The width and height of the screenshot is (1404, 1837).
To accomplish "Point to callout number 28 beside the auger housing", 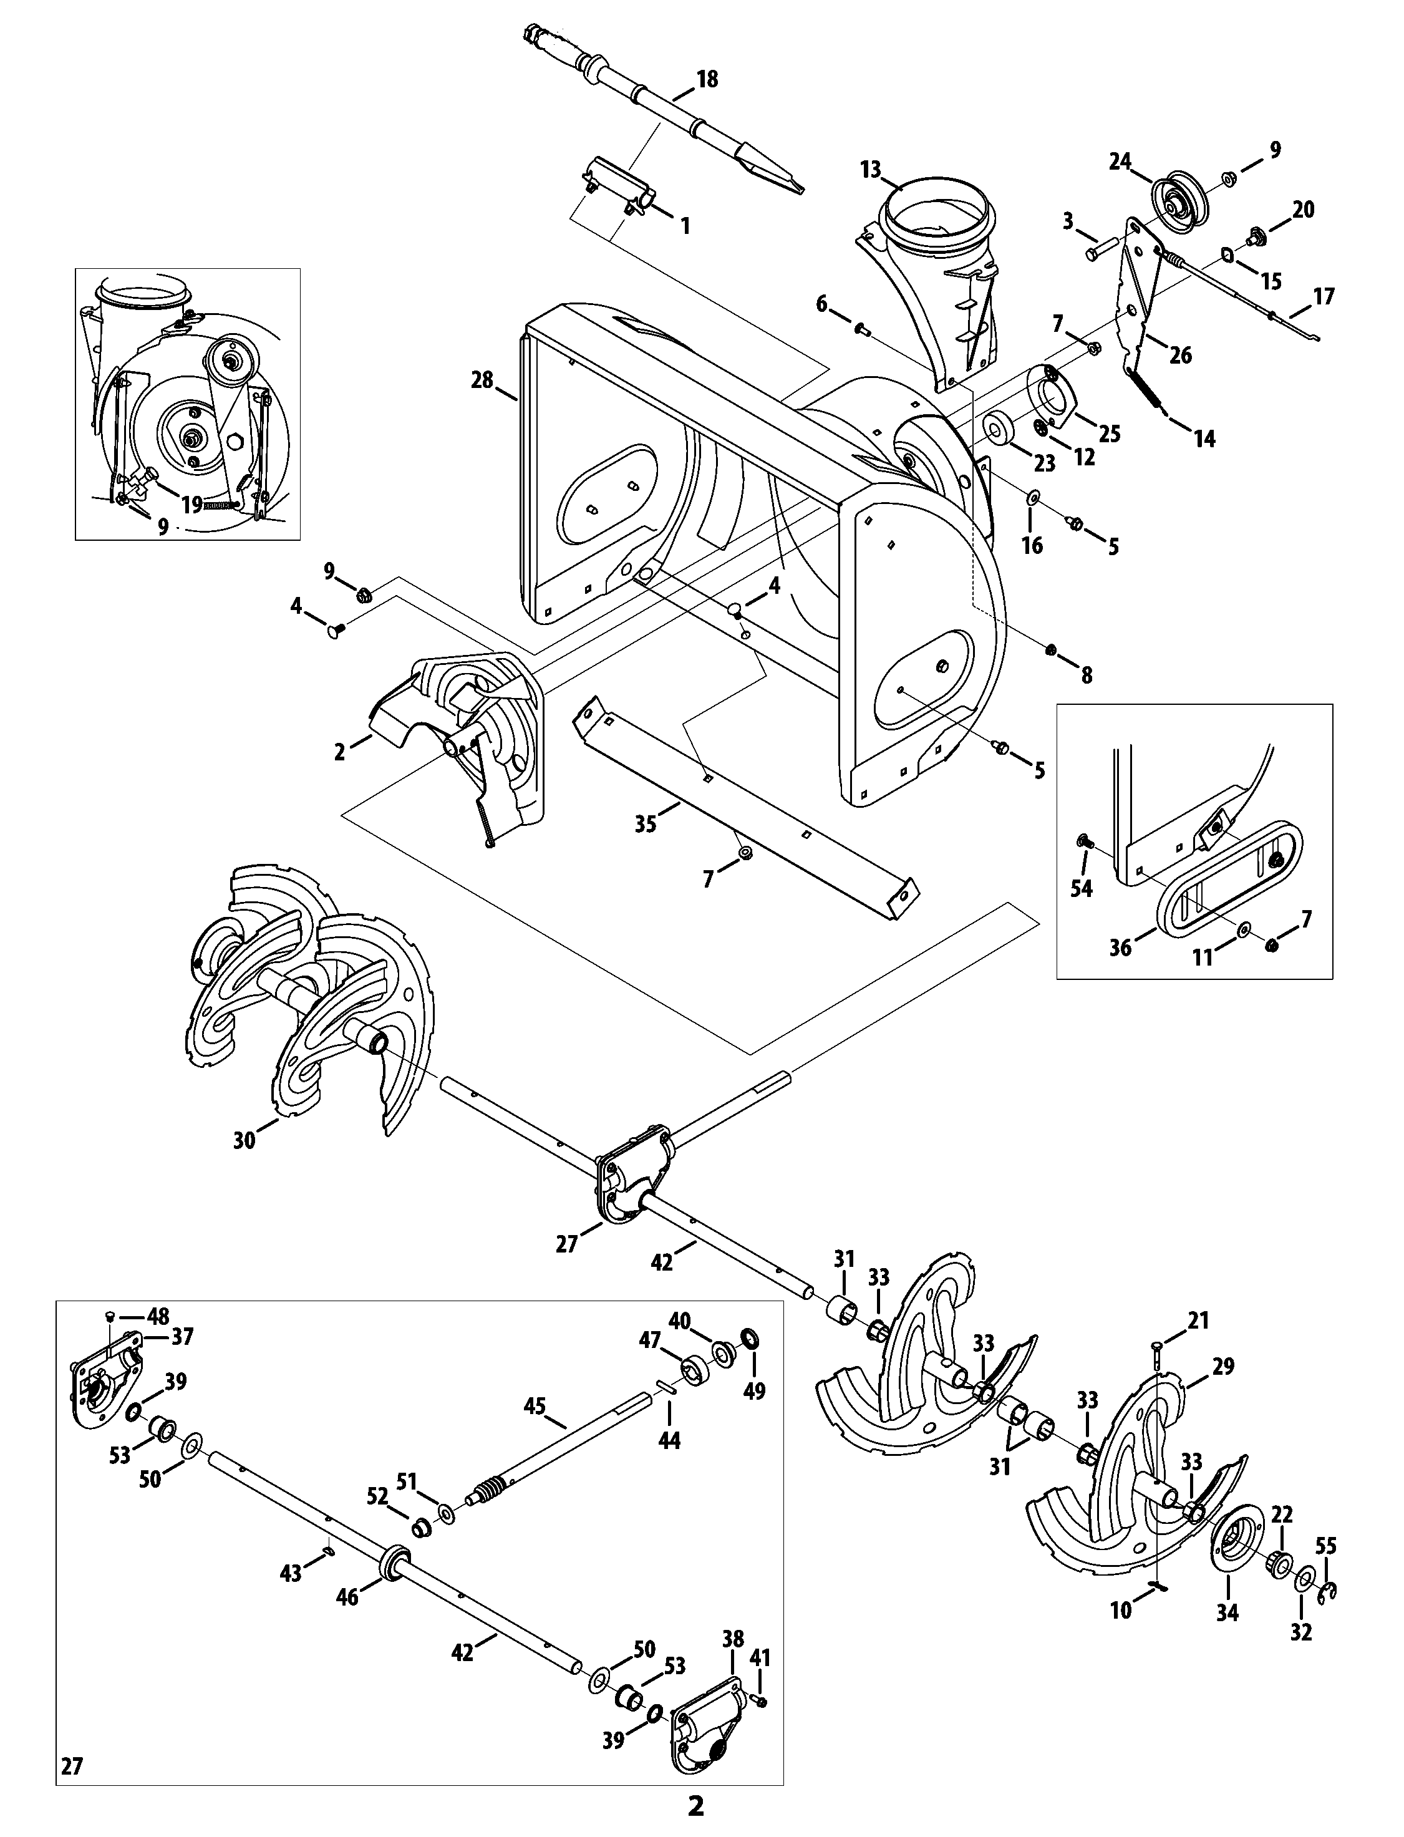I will [482, 380].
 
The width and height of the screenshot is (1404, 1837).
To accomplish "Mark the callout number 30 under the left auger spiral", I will [244, 1139].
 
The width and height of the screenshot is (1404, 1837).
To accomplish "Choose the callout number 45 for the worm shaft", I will [534, 1407].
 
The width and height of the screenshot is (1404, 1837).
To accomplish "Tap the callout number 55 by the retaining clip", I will [1326, 1545].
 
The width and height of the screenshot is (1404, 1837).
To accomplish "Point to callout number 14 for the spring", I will [1204, 439].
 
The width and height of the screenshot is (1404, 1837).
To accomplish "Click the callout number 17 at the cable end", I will [1324, 297].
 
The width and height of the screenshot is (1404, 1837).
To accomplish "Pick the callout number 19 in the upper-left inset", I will [191, 503].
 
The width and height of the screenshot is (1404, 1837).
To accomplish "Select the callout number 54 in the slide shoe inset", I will [1082, 888].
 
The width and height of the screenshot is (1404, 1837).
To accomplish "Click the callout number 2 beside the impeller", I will [339, 752].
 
